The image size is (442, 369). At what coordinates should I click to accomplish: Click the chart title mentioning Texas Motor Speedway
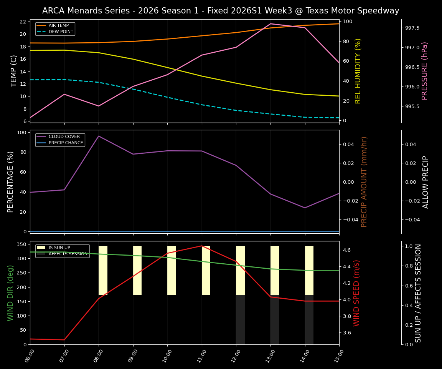point(221,11)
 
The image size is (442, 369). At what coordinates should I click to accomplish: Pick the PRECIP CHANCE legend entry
point(66,143)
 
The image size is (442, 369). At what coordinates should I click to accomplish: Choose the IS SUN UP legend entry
point(59,248)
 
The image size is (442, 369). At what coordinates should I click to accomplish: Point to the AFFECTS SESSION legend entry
point(68,254)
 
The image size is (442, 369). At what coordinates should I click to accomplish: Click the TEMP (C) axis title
point(14,71)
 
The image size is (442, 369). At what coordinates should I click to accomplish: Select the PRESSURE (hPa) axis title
point(425,71)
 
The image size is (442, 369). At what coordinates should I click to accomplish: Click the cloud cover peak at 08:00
point(99,136)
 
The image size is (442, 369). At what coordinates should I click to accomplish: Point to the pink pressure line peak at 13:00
point(270,24)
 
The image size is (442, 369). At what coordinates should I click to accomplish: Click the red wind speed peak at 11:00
point(202,246)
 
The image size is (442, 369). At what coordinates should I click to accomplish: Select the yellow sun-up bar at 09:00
point(137,271)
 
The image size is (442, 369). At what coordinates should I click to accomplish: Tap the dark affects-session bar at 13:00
point(275,320)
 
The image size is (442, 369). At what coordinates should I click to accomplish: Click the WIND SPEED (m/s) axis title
point(357,293)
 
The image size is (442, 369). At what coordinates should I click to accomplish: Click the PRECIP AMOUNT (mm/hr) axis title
point(364,181)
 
